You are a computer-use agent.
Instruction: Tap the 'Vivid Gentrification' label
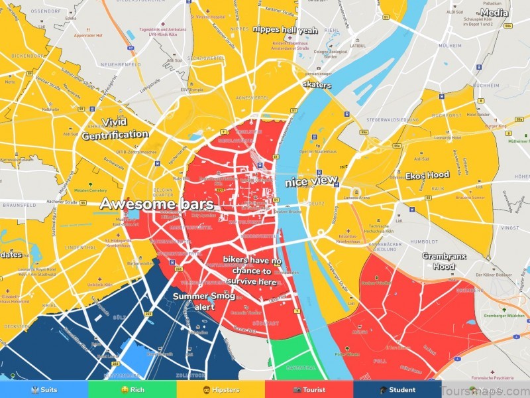point(115,129)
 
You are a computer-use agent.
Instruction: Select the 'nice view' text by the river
point(311,181)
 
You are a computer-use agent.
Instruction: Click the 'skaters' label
point(316,85)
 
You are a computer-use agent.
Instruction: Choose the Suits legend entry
point(44,390)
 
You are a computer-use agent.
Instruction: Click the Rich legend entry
point(132,390)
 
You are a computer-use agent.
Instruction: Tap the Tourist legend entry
point(309,390)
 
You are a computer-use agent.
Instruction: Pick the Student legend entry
point(397,390)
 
